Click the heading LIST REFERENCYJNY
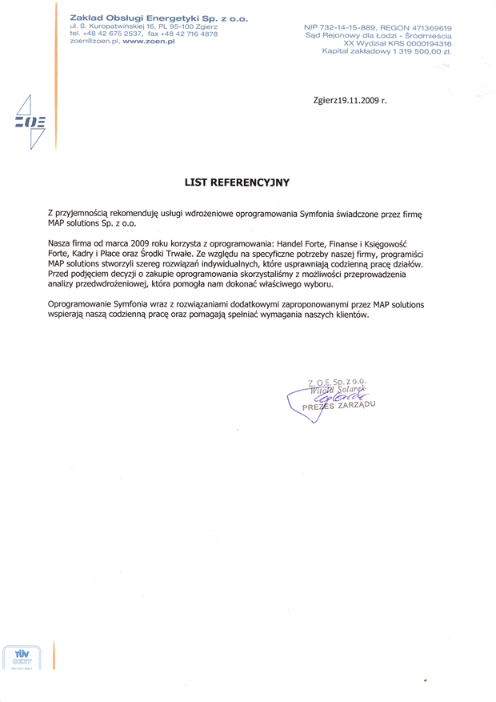pos(237,183)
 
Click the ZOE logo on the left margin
pos(30,122)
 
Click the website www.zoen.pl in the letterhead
pos(149,41)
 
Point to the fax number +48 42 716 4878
pos(189,34)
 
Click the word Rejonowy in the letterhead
pos(359,36)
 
